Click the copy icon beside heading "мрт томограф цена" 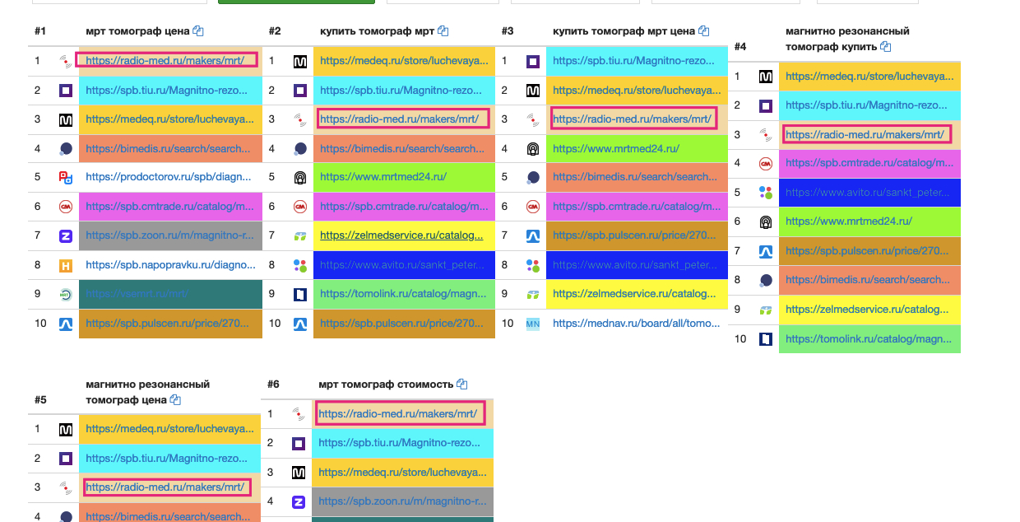[x=198, y=31]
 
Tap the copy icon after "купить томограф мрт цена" [x=703, y=31]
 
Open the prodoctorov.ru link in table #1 [x=168, y=177]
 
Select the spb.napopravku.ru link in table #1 [x=168, y=265]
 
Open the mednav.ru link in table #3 [x=636, y=324]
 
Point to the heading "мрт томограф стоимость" [x=385, y=385]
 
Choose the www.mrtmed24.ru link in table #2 [x=382, y=177]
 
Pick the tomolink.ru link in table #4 [x=867, y=338]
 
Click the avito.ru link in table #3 [x=635, y=265]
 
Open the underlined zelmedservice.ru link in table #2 [x=401, y=235]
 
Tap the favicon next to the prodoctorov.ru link [x=66, y=177]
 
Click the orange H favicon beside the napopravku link [x=66, y=265]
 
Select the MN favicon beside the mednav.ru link [x=532, y=324]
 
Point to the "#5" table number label [x=40, y=400]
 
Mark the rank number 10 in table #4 [x=740, y=338]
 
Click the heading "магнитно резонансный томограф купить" [x=846, y=39]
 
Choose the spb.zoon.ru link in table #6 [x=399, y=501]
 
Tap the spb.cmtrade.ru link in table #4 [x=867, y=163]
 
